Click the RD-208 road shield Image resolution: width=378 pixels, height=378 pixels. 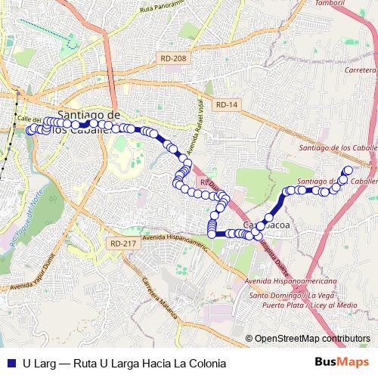point(173,58)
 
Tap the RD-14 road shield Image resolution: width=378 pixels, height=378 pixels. point(225,105)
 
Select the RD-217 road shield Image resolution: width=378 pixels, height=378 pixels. point(122,243)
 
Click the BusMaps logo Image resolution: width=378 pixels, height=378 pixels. point(341,363)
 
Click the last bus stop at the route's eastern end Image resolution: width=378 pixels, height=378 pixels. point(349,171)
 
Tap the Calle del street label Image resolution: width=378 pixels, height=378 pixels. point(29,120)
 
